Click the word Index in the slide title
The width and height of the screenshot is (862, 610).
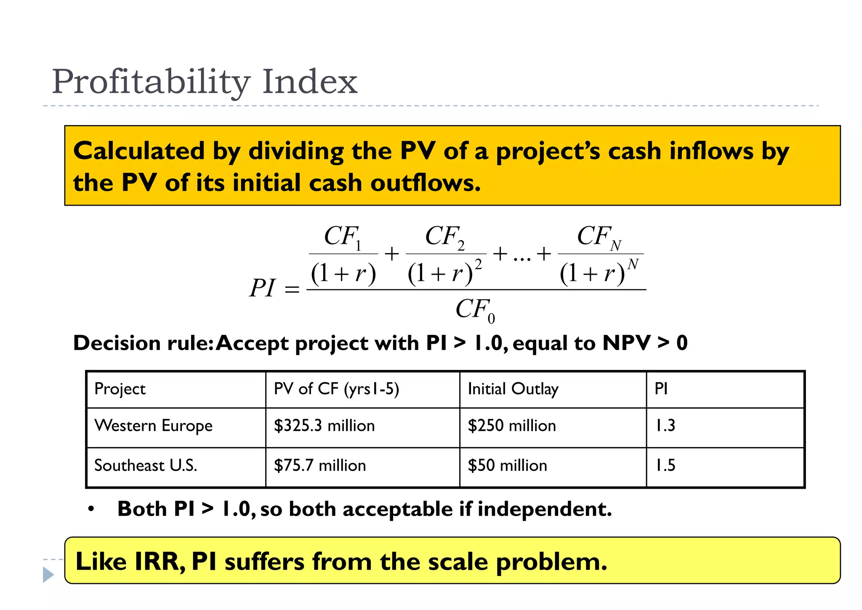pos(309,81)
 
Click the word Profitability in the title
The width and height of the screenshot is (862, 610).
pos(151,81)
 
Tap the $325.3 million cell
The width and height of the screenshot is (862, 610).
pos(324,426)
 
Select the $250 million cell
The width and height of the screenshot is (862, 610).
pos(511,426)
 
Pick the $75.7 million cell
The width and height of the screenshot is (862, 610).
pos(319,466)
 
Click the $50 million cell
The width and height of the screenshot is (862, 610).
pos(507,466)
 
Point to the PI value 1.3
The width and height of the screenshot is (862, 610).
pos(665,426)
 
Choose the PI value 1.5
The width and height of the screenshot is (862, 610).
pos(665,466)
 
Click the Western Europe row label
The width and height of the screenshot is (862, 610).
pos(153,426)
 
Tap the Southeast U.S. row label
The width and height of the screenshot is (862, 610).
pos(146,466)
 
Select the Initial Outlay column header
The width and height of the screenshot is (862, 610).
pos(513,389)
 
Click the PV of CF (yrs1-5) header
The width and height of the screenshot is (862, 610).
pos(336,389)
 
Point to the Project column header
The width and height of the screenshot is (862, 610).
pos(120,389)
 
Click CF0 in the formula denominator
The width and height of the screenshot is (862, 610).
pos(475,310)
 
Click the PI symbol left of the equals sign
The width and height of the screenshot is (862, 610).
pos(262,289)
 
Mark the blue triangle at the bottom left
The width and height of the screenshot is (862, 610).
pos(48,575)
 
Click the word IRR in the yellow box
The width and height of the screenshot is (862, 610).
pos(158,562)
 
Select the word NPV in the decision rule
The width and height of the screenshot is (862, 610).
pos(626,343)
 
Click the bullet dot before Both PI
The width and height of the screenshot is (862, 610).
pos(91,509)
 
